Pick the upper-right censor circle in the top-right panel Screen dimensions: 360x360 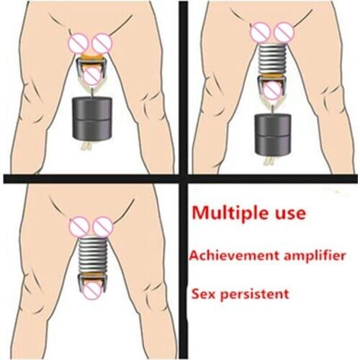coord(284,32)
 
